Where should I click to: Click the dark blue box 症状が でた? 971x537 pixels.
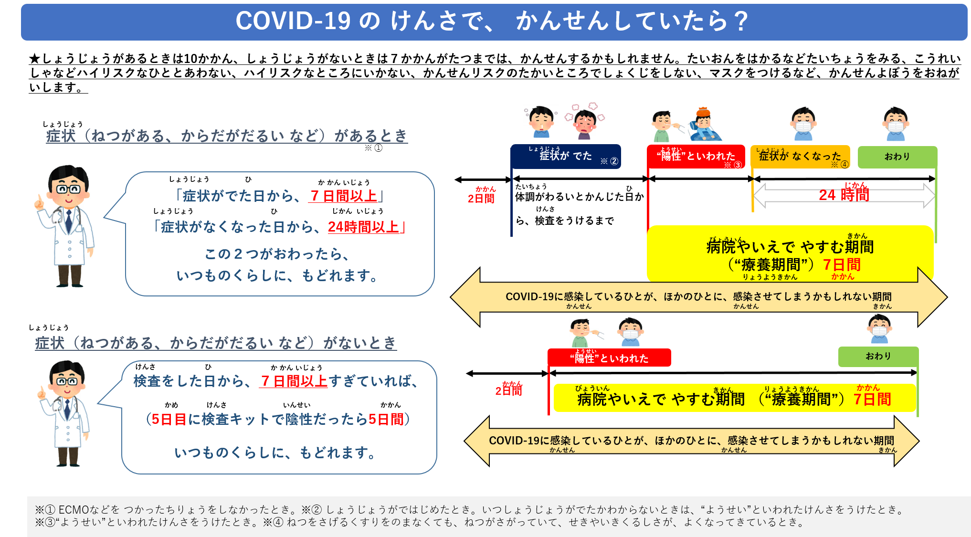pyautogui.click(x=565, y=156)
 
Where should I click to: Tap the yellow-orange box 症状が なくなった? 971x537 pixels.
pyautogui.click(x=800, y=157)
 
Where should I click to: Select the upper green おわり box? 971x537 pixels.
pyautogui.click(x=897, y=157)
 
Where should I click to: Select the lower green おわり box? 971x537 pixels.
pyautogui.click(x=878, y=356)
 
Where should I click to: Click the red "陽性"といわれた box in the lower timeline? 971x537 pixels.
pyautogui.click(x=609, y=358)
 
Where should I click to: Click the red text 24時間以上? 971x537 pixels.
pyautogui.click(x=363, y=227)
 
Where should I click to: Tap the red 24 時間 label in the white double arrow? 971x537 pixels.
pyautogui.click(x=844, y=195)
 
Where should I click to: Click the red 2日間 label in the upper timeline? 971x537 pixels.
pyautogui.click(x=481, y=199)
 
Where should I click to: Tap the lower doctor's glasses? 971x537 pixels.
pyautogui.click(x=67, y=381)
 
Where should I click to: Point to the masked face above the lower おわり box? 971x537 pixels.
pyautogui.click(x=879, y=329)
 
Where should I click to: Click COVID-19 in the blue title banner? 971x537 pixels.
pyautogui.click(x=293, y=21)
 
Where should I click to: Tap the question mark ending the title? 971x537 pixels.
pyautogui.click(x=741, y=21)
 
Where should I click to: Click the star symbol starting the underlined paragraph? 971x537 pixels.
pyautogui.click(x=34, y=59)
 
